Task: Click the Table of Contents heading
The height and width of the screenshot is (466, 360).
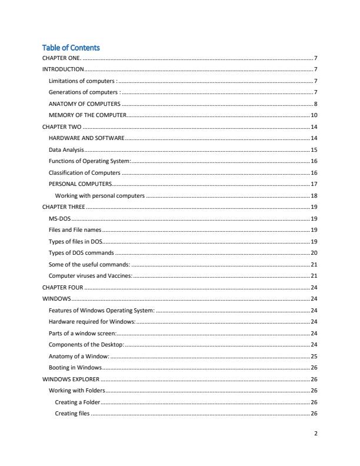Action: point(71,48)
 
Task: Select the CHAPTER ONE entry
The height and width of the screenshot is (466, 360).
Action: point(62,58)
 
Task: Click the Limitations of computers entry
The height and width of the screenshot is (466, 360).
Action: point(83,81)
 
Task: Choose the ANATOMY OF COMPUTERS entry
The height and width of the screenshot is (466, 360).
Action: point(84,104)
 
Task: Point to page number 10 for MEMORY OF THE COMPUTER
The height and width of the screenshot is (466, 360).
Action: point(314,115)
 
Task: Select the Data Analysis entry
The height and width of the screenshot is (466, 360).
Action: point(66,149)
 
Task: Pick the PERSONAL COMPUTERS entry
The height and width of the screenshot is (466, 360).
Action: point(80,184)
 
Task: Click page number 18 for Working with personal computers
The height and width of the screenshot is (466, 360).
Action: point(314,195)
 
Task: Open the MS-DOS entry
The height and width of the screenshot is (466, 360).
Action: point(60,218)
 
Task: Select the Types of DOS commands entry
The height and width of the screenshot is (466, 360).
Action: point(81,252)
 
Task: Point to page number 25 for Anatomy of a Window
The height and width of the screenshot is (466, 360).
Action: point(314,356)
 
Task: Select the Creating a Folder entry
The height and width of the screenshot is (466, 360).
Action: point(77,402)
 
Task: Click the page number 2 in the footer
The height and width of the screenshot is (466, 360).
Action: point(316,434)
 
